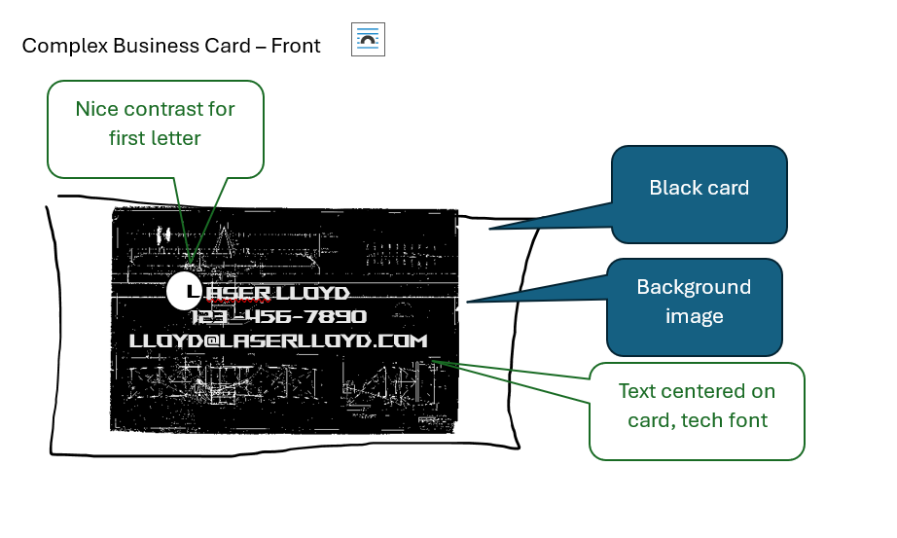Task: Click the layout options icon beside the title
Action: click(368, 40)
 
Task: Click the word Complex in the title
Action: click(64, 46)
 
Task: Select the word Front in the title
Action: click(295, 46)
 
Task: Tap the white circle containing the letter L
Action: click(184, 291)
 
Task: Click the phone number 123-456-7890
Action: click(278, 316)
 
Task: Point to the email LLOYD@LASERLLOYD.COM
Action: click(278, 341)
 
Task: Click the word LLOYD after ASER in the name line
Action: click(312, 293)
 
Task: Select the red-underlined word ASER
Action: click(237, 294)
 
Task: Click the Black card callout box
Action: click(700, 195)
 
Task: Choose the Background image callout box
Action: click(694, 307)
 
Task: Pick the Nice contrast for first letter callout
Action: click(156, 129)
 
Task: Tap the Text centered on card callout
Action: click(697, 411)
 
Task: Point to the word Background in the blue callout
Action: click(694, 287)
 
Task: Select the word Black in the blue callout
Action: click(670, 188)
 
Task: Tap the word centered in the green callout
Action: click(707, 391)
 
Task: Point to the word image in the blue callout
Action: click(695, 316)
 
